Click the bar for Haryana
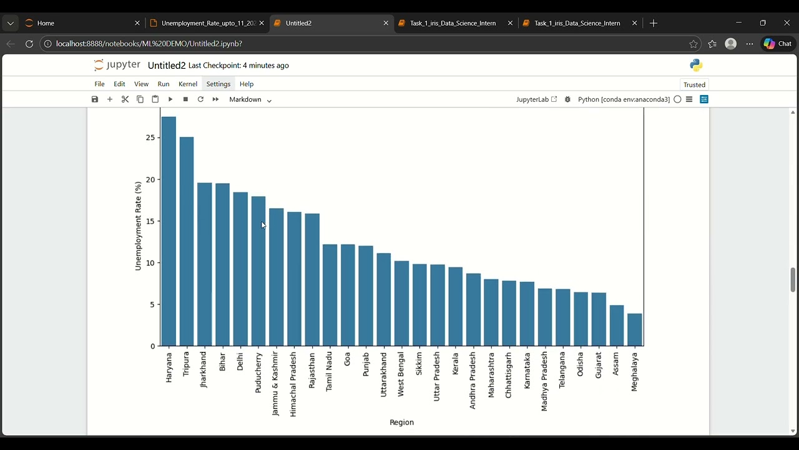point(169,231)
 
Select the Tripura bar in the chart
point(187,241)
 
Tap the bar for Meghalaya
point(634,330)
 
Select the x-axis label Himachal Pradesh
point(293,384)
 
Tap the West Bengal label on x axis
point(401,374)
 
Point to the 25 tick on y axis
point(150,137)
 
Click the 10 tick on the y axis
point(150,263)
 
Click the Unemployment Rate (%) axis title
point(138,226)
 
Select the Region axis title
point(401,422)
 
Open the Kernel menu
point(188,84)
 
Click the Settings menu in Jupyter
point(218,84)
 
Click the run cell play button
point(170,99)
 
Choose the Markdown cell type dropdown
point(250,99)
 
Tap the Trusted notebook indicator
point(694,85)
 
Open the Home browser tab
point(81,23)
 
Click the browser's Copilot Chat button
point(778,44)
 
